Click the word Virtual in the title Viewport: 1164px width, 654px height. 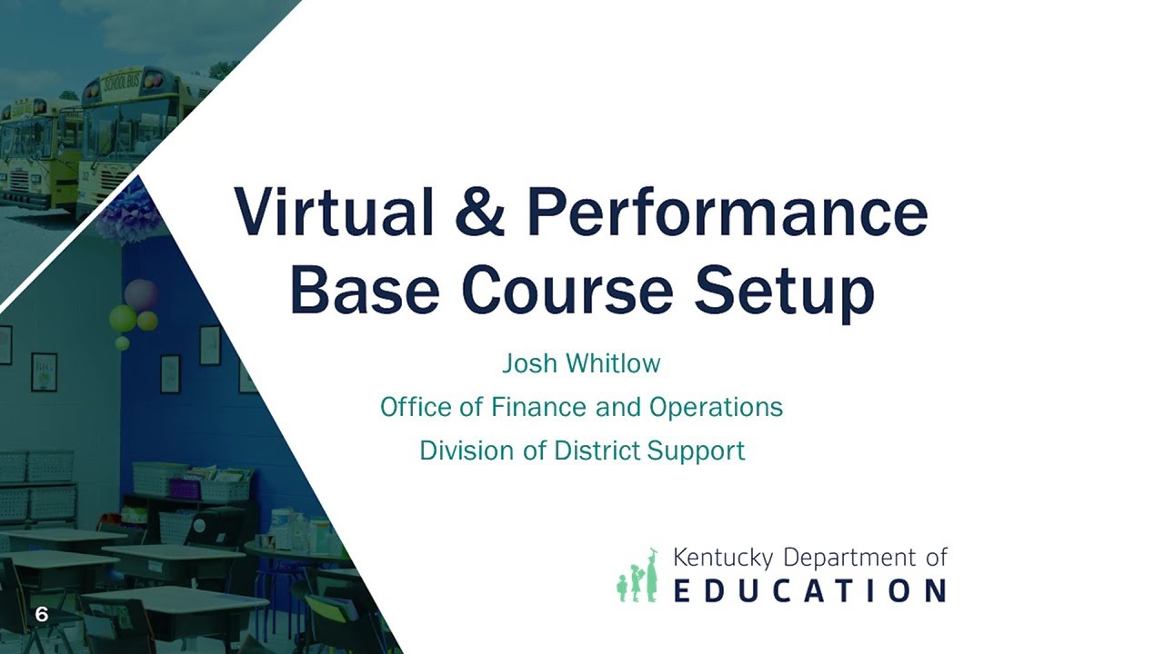(334, 213)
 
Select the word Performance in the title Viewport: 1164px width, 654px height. (727, 213)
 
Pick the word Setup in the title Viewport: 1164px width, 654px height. (785, 291)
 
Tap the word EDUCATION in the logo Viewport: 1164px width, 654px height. (809, 590)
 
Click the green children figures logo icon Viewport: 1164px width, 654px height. (637, 576)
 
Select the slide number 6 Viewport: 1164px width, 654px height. (41, 615)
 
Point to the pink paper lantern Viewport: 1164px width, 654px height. (140, 294)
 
